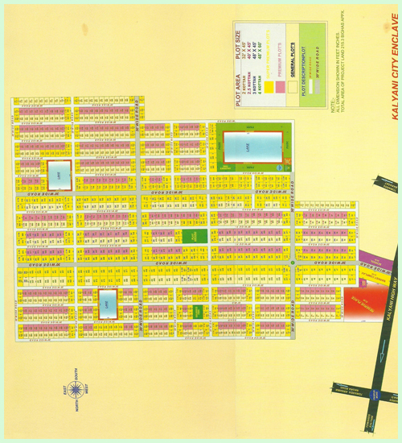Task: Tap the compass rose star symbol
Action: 77,391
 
